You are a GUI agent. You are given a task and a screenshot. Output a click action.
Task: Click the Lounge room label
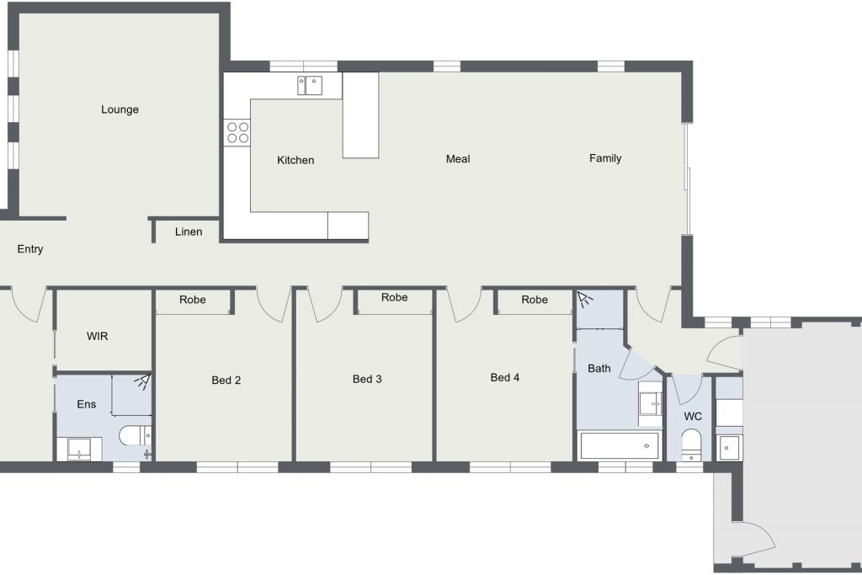click(120, 109)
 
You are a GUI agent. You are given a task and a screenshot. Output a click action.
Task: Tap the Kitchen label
click(295, 160)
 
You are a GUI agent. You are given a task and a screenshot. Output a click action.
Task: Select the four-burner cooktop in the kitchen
click(237, 132)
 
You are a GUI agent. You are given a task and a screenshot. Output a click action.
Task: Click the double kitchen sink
click(310, 86)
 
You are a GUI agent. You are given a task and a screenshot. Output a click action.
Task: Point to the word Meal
click(458, 159)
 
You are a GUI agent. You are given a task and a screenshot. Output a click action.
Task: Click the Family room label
click(605, 158)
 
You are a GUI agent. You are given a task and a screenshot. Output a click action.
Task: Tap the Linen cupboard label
click(189, 232)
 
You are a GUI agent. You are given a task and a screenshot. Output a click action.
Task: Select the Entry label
click(30, 249)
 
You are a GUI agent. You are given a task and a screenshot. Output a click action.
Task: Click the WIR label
click(98, 336)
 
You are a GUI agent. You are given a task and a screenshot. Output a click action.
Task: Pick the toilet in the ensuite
click(136, 436)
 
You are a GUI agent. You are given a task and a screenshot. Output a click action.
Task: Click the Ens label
click(87, 404)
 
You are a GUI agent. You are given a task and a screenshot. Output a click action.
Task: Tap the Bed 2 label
click(226, 380)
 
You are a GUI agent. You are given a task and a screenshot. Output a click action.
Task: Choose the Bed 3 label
click(367, 379)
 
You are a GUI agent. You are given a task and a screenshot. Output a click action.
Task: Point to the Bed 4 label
click(505, 378)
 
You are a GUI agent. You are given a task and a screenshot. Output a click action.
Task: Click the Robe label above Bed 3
click(395, 297)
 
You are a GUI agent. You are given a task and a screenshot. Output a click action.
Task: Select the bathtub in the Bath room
click(619, 446)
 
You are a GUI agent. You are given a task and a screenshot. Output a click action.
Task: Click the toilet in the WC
click(691, 445)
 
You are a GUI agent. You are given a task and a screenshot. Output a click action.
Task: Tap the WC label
click(693, 416)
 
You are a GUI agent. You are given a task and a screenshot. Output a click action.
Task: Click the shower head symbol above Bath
click(585, 299)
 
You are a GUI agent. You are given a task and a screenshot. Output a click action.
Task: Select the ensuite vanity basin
click(79, 449)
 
